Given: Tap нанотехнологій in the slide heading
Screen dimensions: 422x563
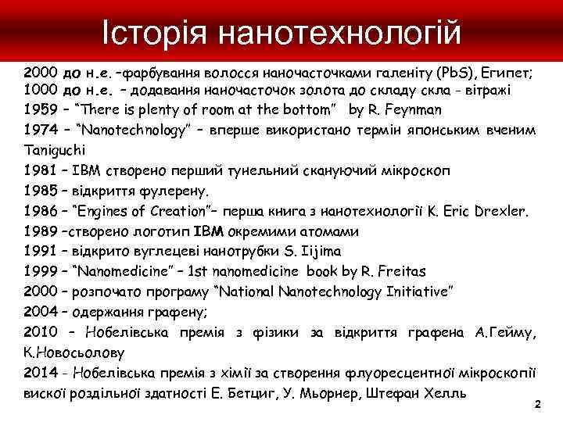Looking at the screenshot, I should (339, 32).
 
